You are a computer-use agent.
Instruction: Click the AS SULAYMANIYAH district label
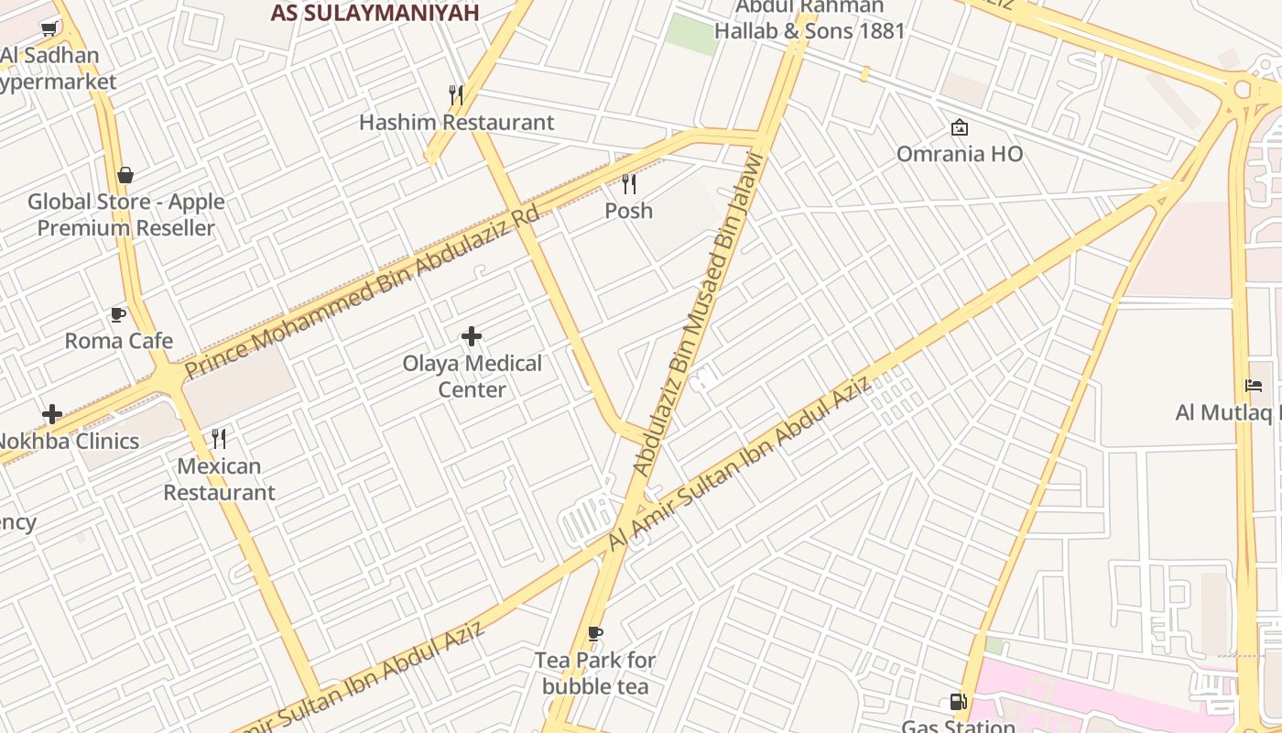point(375,13)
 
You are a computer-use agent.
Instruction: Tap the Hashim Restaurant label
point(456,123)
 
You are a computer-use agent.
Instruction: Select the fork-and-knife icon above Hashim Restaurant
point(456,95)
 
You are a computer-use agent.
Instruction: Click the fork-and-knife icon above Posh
point(629,184)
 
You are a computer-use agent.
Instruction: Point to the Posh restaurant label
point(629,211)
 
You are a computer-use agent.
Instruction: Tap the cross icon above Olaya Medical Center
point(472,336)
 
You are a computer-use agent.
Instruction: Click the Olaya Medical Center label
point(473,377)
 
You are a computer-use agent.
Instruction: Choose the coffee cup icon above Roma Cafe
point(118,315)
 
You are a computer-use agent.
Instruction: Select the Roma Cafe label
point(119,342)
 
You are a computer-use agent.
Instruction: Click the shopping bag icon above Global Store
point(125,175)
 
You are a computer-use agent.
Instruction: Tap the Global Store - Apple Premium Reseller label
point(126,215)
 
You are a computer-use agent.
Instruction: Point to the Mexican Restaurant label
point(219,479)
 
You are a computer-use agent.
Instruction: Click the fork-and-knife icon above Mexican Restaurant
point(219,439)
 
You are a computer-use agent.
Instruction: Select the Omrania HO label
point(960,154)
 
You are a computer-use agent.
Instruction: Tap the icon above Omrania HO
point(960,127)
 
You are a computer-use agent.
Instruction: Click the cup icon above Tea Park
point(595,633)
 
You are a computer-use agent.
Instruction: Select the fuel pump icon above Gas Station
point(959,702)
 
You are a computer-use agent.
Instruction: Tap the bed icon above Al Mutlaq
point(1254,386)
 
